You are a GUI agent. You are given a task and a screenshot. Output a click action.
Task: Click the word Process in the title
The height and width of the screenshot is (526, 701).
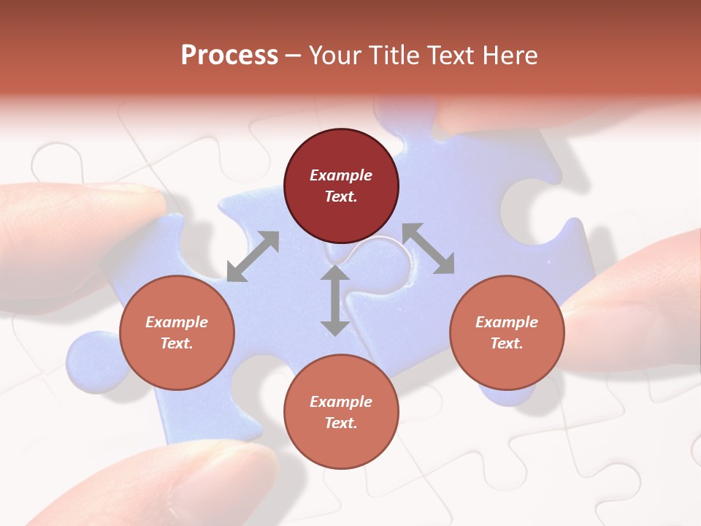click(x=229, y=56)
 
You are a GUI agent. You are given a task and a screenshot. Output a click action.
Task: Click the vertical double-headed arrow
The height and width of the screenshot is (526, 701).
click(x=335, y=300)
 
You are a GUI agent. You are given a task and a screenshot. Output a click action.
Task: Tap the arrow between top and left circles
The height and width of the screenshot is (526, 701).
click(x=253, y=256)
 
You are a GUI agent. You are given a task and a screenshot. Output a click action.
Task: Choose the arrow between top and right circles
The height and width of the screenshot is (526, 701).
click(x=429, y=248)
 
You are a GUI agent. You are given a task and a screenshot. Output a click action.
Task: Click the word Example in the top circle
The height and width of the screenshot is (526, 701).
click(x=341, y=175)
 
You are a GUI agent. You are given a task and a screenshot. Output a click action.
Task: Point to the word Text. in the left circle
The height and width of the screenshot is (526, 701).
click(x=177, y=343)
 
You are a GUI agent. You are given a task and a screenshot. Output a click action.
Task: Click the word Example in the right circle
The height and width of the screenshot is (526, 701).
click(x=507, y=322)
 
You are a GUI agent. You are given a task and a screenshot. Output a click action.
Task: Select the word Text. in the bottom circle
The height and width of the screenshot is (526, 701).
click(x=341, y=423)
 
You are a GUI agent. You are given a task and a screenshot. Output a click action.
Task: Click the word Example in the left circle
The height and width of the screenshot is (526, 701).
click(x=177, y=322)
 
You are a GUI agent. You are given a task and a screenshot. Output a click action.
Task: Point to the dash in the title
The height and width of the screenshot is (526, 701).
click(x=294, y=56)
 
